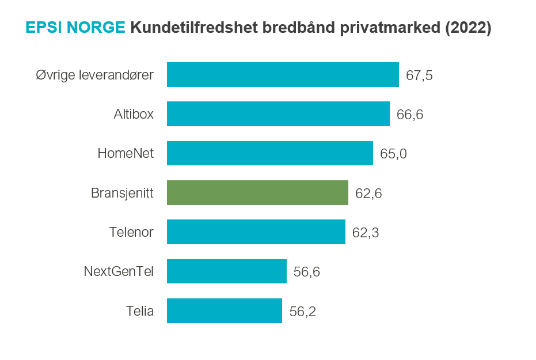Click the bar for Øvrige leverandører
[283, 75]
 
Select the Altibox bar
[278, 114]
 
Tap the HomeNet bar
[270, 153]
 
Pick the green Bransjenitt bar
[257, 192]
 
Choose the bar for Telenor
[256, 232]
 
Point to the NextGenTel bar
[227, 271]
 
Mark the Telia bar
[225, 310]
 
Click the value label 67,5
[419, 75]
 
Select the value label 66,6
[410, 115]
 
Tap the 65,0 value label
[394, 154]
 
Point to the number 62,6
[368, 194]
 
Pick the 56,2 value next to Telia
[303, 312]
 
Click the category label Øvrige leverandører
[94, 75]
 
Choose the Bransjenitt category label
[122, 193]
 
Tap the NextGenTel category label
[119, 271]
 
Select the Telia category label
[140, 311]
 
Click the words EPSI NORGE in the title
[75, 28]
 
